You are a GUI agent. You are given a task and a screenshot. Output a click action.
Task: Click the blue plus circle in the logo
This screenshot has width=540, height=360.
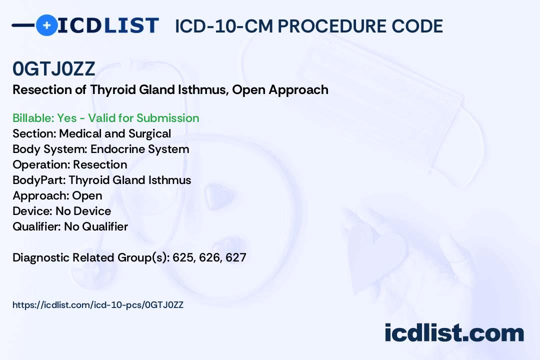click(46, 25)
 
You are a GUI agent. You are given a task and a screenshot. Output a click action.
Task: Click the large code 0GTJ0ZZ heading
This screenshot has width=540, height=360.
click(53, 69)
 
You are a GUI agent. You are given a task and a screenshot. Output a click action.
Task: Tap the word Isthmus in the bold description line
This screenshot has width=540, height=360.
click(203, 89)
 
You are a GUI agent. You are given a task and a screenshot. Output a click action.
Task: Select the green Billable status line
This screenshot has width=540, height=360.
click(105, 118)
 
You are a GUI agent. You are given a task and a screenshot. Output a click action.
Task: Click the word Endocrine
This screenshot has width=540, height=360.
click(118, 149)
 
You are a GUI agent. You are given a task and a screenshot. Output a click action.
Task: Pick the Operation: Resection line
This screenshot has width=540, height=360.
click(70, 164)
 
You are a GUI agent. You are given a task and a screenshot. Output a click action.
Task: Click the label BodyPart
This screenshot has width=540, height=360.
click(39, 180)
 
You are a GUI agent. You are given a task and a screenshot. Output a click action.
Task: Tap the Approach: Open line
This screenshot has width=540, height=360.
click(57, 195)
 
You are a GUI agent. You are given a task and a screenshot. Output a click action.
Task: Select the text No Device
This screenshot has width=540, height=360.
click(83, 211)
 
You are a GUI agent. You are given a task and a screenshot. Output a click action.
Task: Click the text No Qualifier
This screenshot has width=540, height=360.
click(96, 226)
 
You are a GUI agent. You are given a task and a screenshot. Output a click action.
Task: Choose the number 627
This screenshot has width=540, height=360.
click(236, 257)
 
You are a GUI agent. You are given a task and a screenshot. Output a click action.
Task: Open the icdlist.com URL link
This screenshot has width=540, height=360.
click(98, 305)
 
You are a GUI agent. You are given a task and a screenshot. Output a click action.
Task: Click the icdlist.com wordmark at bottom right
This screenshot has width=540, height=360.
click(454, 333)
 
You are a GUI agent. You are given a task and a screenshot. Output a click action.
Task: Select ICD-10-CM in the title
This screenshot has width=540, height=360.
click(224, 26)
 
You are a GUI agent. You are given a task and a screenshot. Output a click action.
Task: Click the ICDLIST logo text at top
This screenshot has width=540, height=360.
click(108, 26)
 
